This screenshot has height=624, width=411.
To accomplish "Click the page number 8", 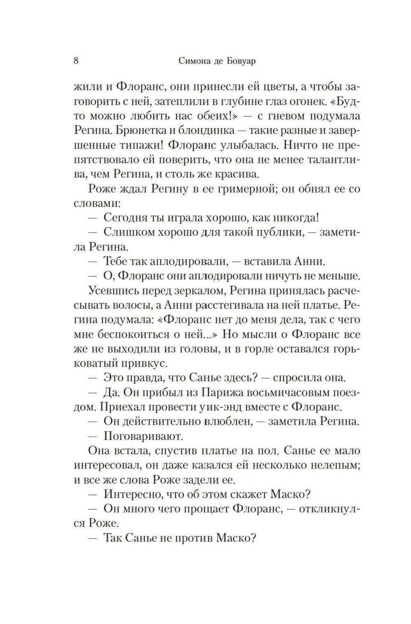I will (76, 61).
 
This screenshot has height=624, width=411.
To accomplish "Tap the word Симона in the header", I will (195, 61).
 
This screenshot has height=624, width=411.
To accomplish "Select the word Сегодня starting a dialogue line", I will (125, 218).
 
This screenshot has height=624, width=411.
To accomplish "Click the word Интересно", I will (132, 495).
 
